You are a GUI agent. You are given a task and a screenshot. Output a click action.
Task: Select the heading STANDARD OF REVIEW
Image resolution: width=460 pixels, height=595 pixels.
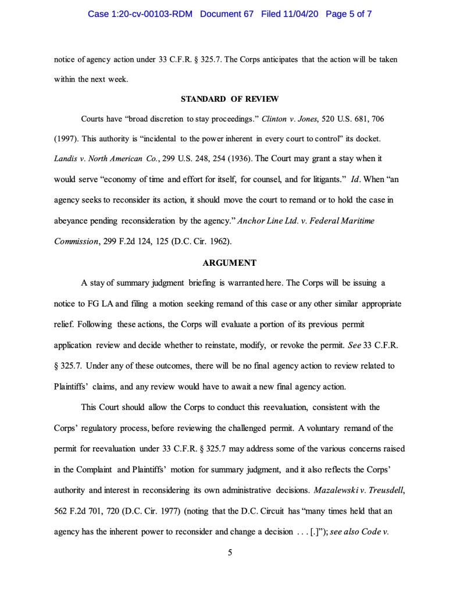[230, 99]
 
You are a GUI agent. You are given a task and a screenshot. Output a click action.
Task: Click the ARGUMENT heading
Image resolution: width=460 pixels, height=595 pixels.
[230, 263]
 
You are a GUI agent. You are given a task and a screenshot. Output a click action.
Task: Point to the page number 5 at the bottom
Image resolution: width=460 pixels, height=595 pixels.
[230, 553]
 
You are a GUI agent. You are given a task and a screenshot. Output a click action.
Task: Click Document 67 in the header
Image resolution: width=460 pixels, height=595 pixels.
[227, 13]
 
